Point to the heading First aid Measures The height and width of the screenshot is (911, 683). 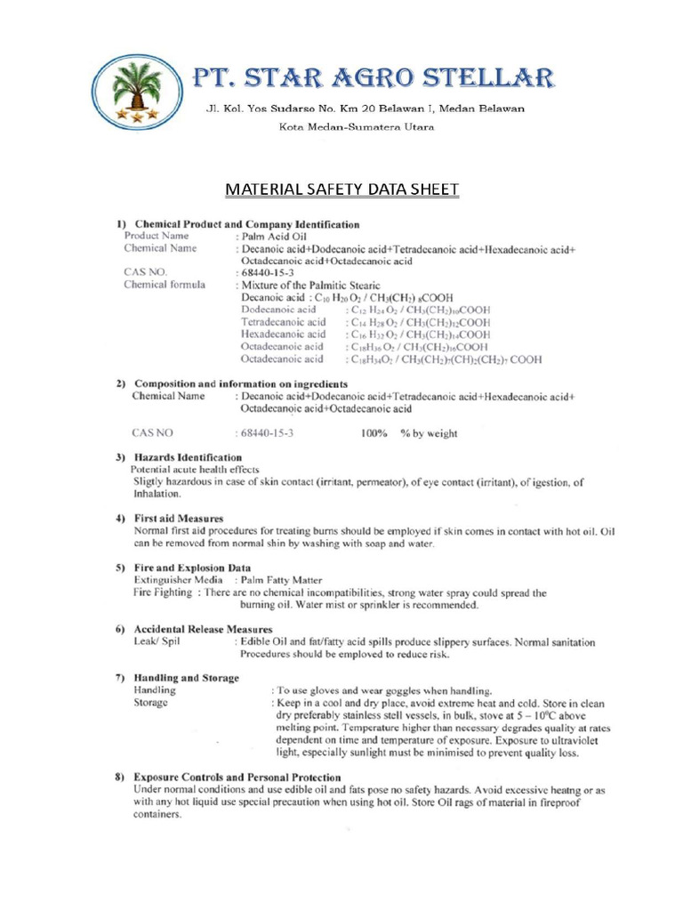click(x=179, y=518)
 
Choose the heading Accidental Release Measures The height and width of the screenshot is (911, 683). click(x=197, y=629)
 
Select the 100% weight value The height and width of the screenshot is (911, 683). click(x=374, y=433)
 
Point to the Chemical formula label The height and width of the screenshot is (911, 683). click(x=165, y=285)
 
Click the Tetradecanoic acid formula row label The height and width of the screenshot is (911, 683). click(x=283, y=321)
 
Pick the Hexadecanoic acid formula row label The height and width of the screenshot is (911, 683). click(x=283, y=334)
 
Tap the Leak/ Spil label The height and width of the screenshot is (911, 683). click(x=157, y=641)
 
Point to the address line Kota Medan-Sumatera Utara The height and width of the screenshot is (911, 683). click(x=358, y=130)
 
